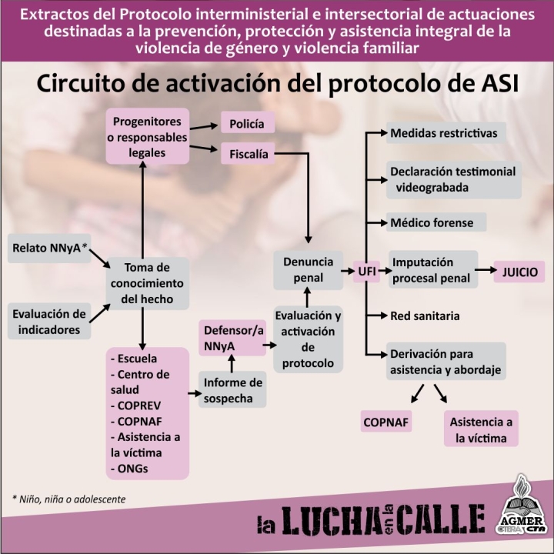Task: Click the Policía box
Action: (248, 122)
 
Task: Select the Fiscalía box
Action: (248, 153)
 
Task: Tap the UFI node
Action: (367, 272)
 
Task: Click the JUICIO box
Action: (519, 272)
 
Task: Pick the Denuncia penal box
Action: (308, 270)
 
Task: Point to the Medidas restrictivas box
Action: (446, 133)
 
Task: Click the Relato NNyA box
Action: (49, 248)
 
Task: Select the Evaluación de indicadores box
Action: (49, 321)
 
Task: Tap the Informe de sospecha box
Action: (232, 389)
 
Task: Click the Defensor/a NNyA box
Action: (232, 338)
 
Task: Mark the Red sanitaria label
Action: (425, 316)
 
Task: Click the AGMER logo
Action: (523, 505)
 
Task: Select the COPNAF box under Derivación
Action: (385, 422)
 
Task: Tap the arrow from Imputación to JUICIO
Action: (486, 270)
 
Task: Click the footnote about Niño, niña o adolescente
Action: (69, 499)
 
